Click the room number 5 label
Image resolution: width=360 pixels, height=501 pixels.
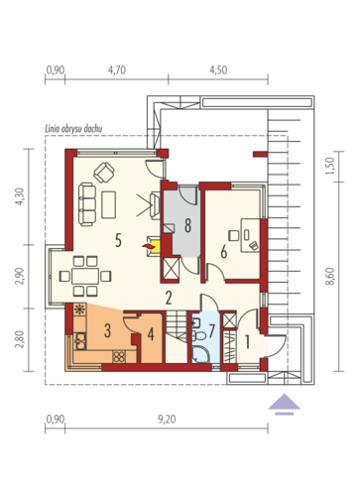coord(118,240)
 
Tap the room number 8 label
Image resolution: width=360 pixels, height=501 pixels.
coord(187,225)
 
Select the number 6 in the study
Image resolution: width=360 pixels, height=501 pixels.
coord(224,252)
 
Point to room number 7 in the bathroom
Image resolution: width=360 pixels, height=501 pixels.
coord(212,330)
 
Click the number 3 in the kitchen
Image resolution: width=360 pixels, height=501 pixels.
coord(107,330)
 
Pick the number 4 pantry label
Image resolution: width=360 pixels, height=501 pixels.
coord(151,334)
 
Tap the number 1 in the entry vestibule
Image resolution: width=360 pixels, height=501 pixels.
coord(247,341)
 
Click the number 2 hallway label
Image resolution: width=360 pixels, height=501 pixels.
coord(169,298)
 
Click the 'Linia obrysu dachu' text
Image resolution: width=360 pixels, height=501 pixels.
coord(73,129)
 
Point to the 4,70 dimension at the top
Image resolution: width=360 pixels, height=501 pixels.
coord(117,70)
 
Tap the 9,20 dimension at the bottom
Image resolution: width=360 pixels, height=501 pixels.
coord(167,420)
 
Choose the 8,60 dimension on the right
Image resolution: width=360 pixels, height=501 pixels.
coord(330,277)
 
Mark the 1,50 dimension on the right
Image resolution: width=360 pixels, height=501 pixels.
coord(330,166)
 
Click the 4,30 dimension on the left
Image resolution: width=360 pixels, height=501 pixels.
coord(20,196)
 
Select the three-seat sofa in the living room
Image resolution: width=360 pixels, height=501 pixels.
coord(87,204)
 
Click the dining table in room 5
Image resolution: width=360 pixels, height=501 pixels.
coord(85,276)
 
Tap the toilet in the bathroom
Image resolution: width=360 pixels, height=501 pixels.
coord(198,335)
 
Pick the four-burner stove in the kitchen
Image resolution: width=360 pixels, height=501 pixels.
coord(119,356)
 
